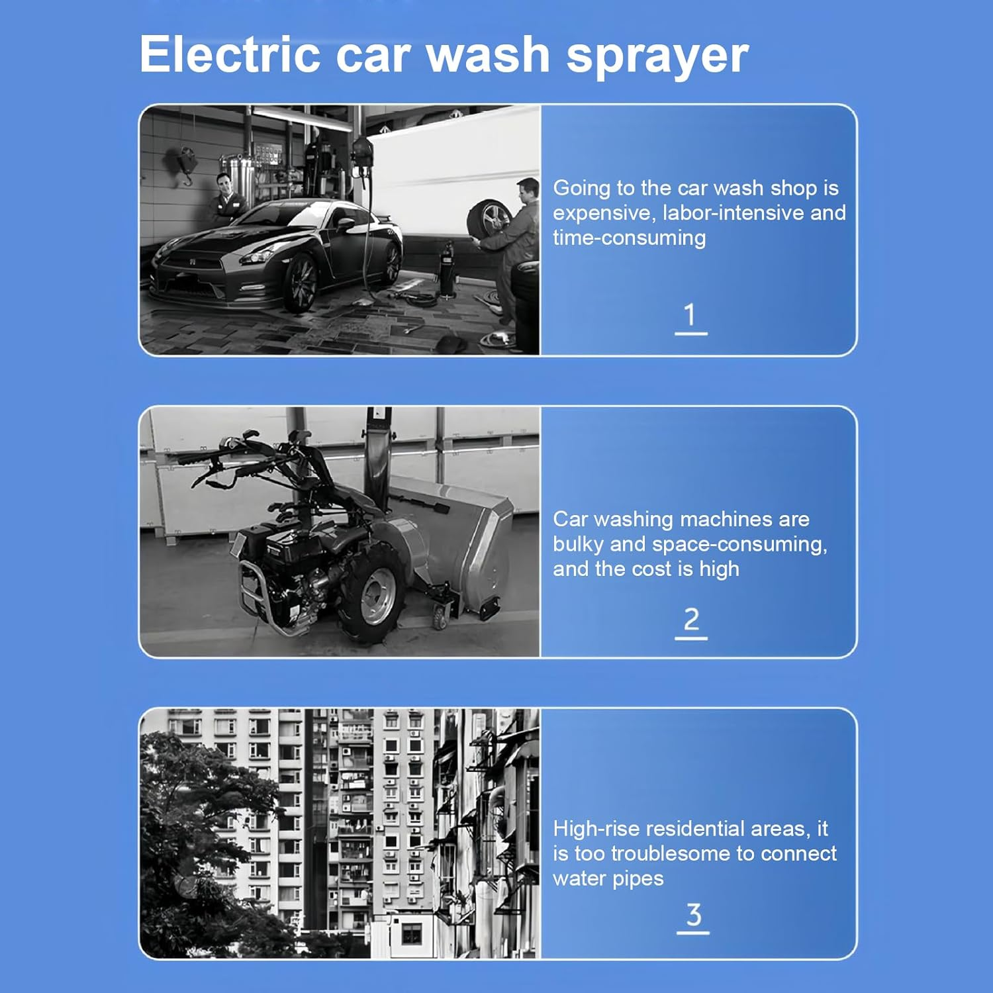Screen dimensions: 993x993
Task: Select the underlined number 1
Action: (690, 316)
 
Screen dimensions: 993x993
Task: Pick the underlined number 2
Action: (691, 620)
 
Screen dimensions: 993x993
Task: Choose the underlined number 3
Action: (693, 916)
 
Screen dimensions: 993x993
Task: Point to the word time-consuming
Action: (629, 238)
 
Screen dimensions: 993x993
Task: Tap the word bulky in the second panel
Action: (578, 544)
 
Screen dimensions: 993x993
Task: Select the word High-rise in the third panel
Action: (596, 829)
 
